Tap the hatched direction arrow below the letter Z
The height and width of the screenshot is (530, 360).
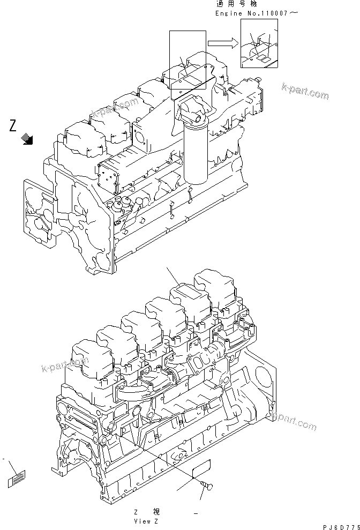pos(27,140)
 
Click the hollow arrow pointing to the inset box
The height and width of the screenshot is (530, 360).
pos(221,41)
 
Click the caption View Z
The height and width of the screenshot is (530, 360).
pos(146,520)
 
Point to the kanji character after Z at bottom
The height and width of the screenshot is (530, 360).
pos(156,512)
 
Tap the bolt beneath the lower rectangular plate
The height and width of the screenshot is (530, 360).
pos(206,486)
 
